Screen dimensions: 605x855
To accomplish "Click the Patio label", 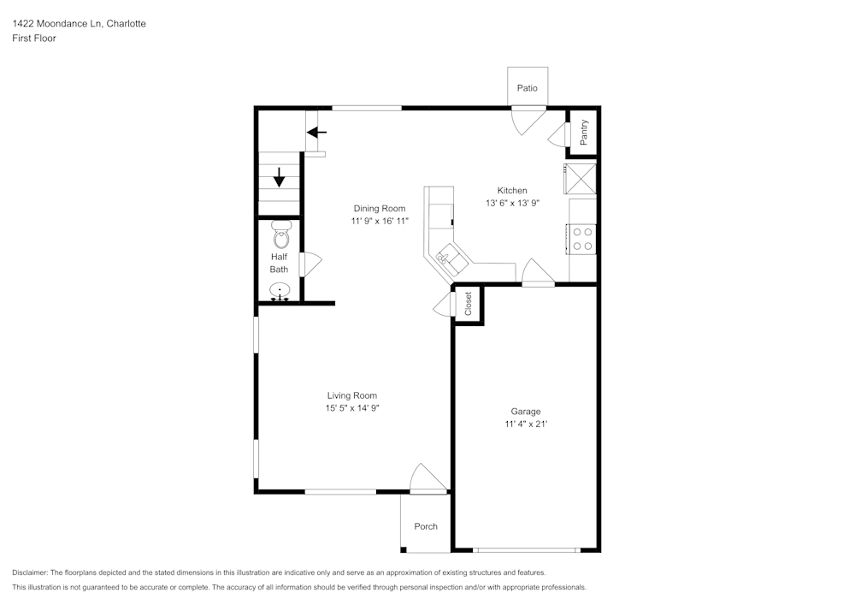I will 528,88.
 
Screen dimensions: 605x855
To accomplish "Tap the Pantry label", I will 584,132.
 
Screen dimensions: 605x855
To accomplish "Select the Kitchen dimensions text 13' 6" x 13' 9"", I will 513,204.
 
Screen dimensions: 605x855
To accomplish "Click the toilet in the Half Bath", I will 280,233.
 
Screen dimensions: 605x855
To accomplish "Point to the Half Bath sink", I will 280,293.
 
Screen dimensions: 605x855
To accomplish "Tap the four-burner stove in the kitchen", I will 583,238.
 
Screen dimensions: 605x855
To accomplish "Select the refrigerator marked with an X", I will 580,179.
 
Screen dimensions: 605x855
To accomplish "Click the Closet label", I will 469,304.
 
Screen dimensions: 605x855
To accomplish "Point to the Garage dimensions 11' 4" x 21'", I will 526,424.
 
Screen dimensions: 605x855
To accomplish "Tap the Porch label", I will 426,526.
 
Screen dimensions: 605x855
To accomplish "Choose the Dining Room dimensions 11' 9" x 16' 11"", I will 380,221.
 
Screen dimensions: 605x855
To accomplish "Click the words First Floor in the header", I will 34,39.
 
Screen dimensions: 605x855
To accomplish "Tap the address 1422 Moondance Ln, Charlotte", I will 79,24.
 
